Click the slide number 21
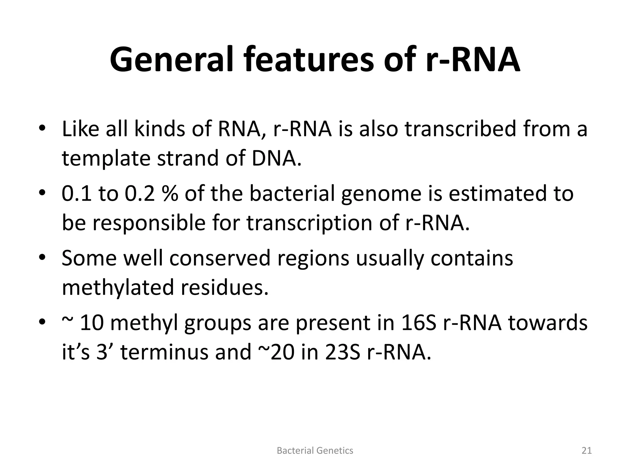(587, 450)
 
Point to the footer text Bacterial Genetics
(315, 450)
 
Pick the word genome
(382, 194)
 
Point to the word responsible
(149, 223)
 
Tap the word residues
(224, 287)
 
